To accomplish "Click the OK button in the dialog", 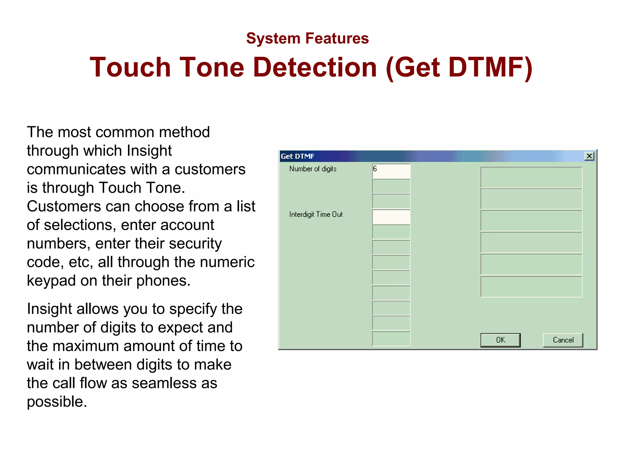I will [x=500, y=340].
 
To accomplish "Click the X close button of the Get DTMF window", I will [x=589, y=156].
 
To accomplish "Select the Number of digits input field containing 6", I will [x=391, y=171].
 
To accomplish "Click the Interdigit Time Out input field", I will [x=391, y=217].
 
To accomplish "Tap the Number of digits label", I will [x=313, y=169].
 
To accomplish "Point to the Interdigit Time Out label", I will [x=316, y=214].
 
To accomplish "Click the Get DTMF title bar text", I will [x=298, y=156].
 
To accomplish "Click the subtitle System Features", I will [x=307, y=38].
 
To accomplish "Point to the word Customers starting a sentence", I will [x=64, y=206].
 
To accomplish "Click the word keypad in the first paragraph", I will [x=51, y=281].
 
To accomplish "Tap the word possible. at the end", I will [x=57, y=402].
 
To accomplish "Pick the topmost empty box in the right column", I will [x=531, y=178].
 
